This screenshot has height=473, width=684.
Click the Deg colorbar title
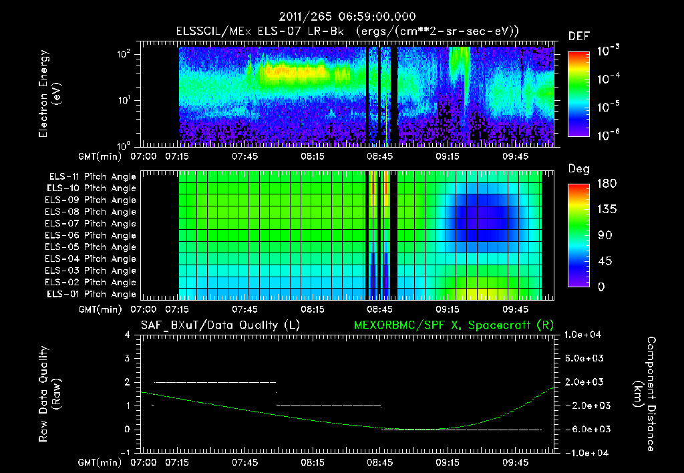[578, 169]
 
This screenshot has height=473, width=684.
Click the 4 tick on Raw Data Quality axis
[128, 335]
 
